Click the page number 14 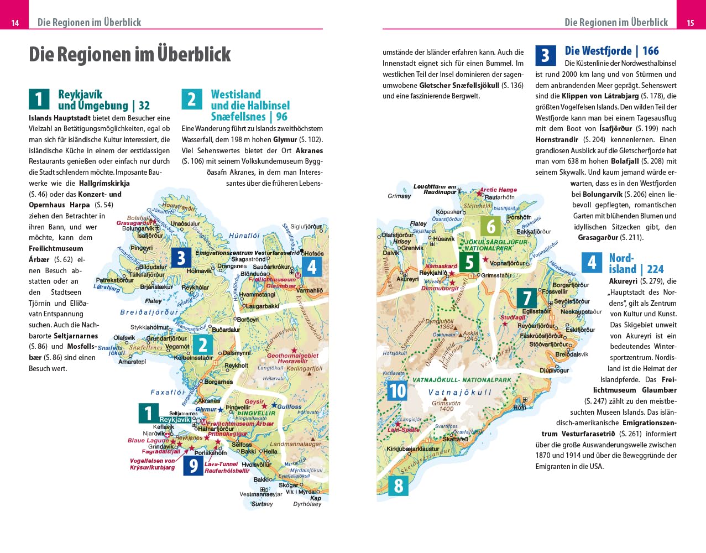(x=15, y=23)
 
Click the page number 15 (x=691, y=23)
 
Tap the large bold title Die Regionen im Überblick (x=130, y=54)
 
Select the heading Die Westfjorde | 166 (x=611, y=51)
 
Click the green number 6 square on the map (x=491, y=226)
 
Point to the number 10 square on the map (x=398, y=390)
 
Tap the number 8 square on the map (x=399, y=486)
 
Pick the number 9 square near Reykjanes (x=193, y=466)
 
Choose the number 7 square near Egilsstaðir (x=527, y=298)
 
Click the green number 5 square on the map (x=469, y=262)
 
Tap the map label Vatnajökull (x=459, y=392)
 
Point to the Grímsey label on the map (x=399, y=196)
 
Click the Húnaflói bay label (x=244, y=236)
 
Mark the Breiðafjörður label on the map (x=149, y=312)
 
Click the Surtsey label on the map (x=262, y=504)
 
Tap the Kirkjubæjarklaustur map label (x=412, y=449)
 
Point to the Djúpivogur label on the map (x=554, y=371)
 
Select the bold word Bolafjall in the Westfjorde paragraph (x=625, y=161)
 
